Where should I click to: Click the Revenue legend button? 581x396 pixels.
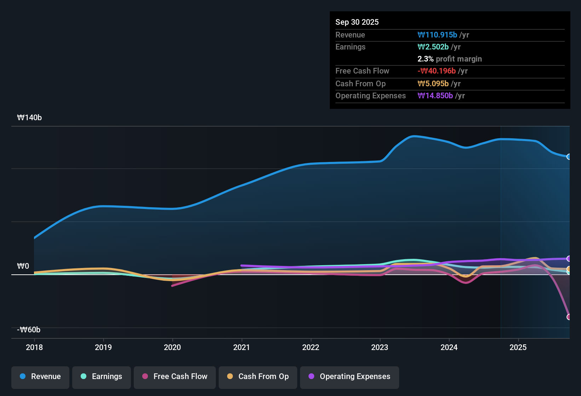click(x=40, y=377)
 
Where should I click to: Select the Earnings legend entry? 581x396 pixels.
click(x=102, y=377)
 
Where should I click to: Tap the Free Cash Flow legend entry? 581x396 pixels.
click(x=175, y=377)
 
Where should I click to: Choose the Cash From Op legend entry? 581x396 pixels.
click(x=258, y=377)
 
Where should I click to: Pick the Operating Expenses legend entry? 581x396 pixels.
click(x=350, y=377)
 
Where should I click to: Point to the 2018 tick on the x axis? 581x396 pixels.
click(x=34, y=347)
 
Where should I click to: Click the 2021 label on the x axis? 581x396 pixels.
click(x=242, y=347)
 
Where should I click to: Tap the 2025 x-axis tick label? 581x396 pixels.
click(x=518, y=347)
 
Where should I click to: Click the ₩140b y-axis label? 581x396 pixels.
click(x=29, y=118)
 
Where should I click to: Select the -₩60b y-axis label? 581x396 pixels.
click(x=29, y=330)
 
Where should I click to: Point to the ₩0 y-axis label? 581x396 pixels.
click(x=23, y=266)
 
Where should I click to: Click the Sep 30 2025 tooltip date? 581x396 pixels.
click(x=357, y=22)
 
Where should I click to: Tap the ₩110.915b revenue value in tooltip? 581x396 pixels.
click(x=437, y=35)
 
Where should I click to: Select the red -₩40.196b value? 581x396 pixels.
click(x=437, y=71)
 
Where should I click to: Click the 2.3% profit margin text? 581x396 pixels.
click(x=449, y=59)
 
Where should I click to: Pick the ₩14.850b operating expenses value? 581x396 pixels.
click(x=435, y=95)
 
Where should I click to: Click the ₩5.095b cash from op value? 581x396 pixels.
click(x=433, y=83)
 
